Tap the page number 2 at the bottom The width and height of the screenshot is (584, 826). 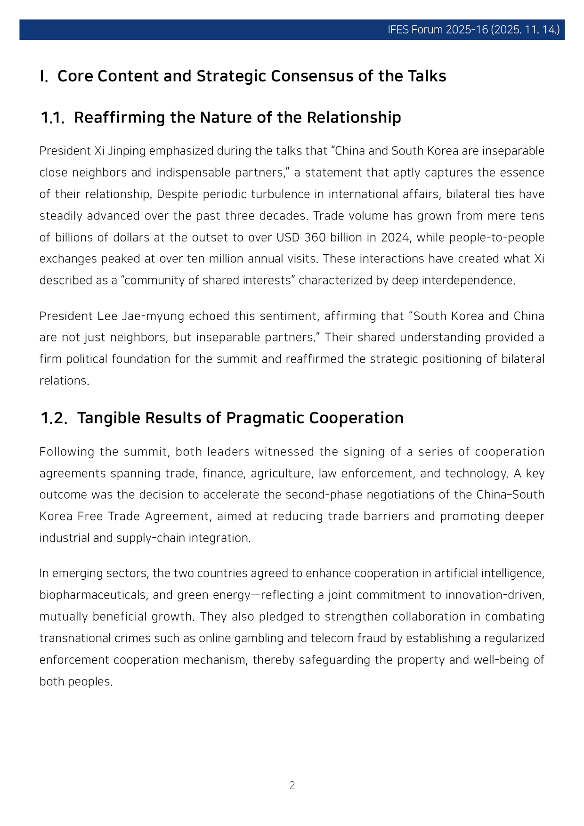(x=292, y=785)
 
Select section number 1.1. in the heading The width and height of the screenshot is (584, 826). (x=52, y=118)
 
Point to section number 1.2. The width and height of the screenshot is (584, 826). (x=54, y=418)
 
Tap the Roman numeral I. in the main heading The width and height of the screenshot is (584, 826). (x=44, y=76)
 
